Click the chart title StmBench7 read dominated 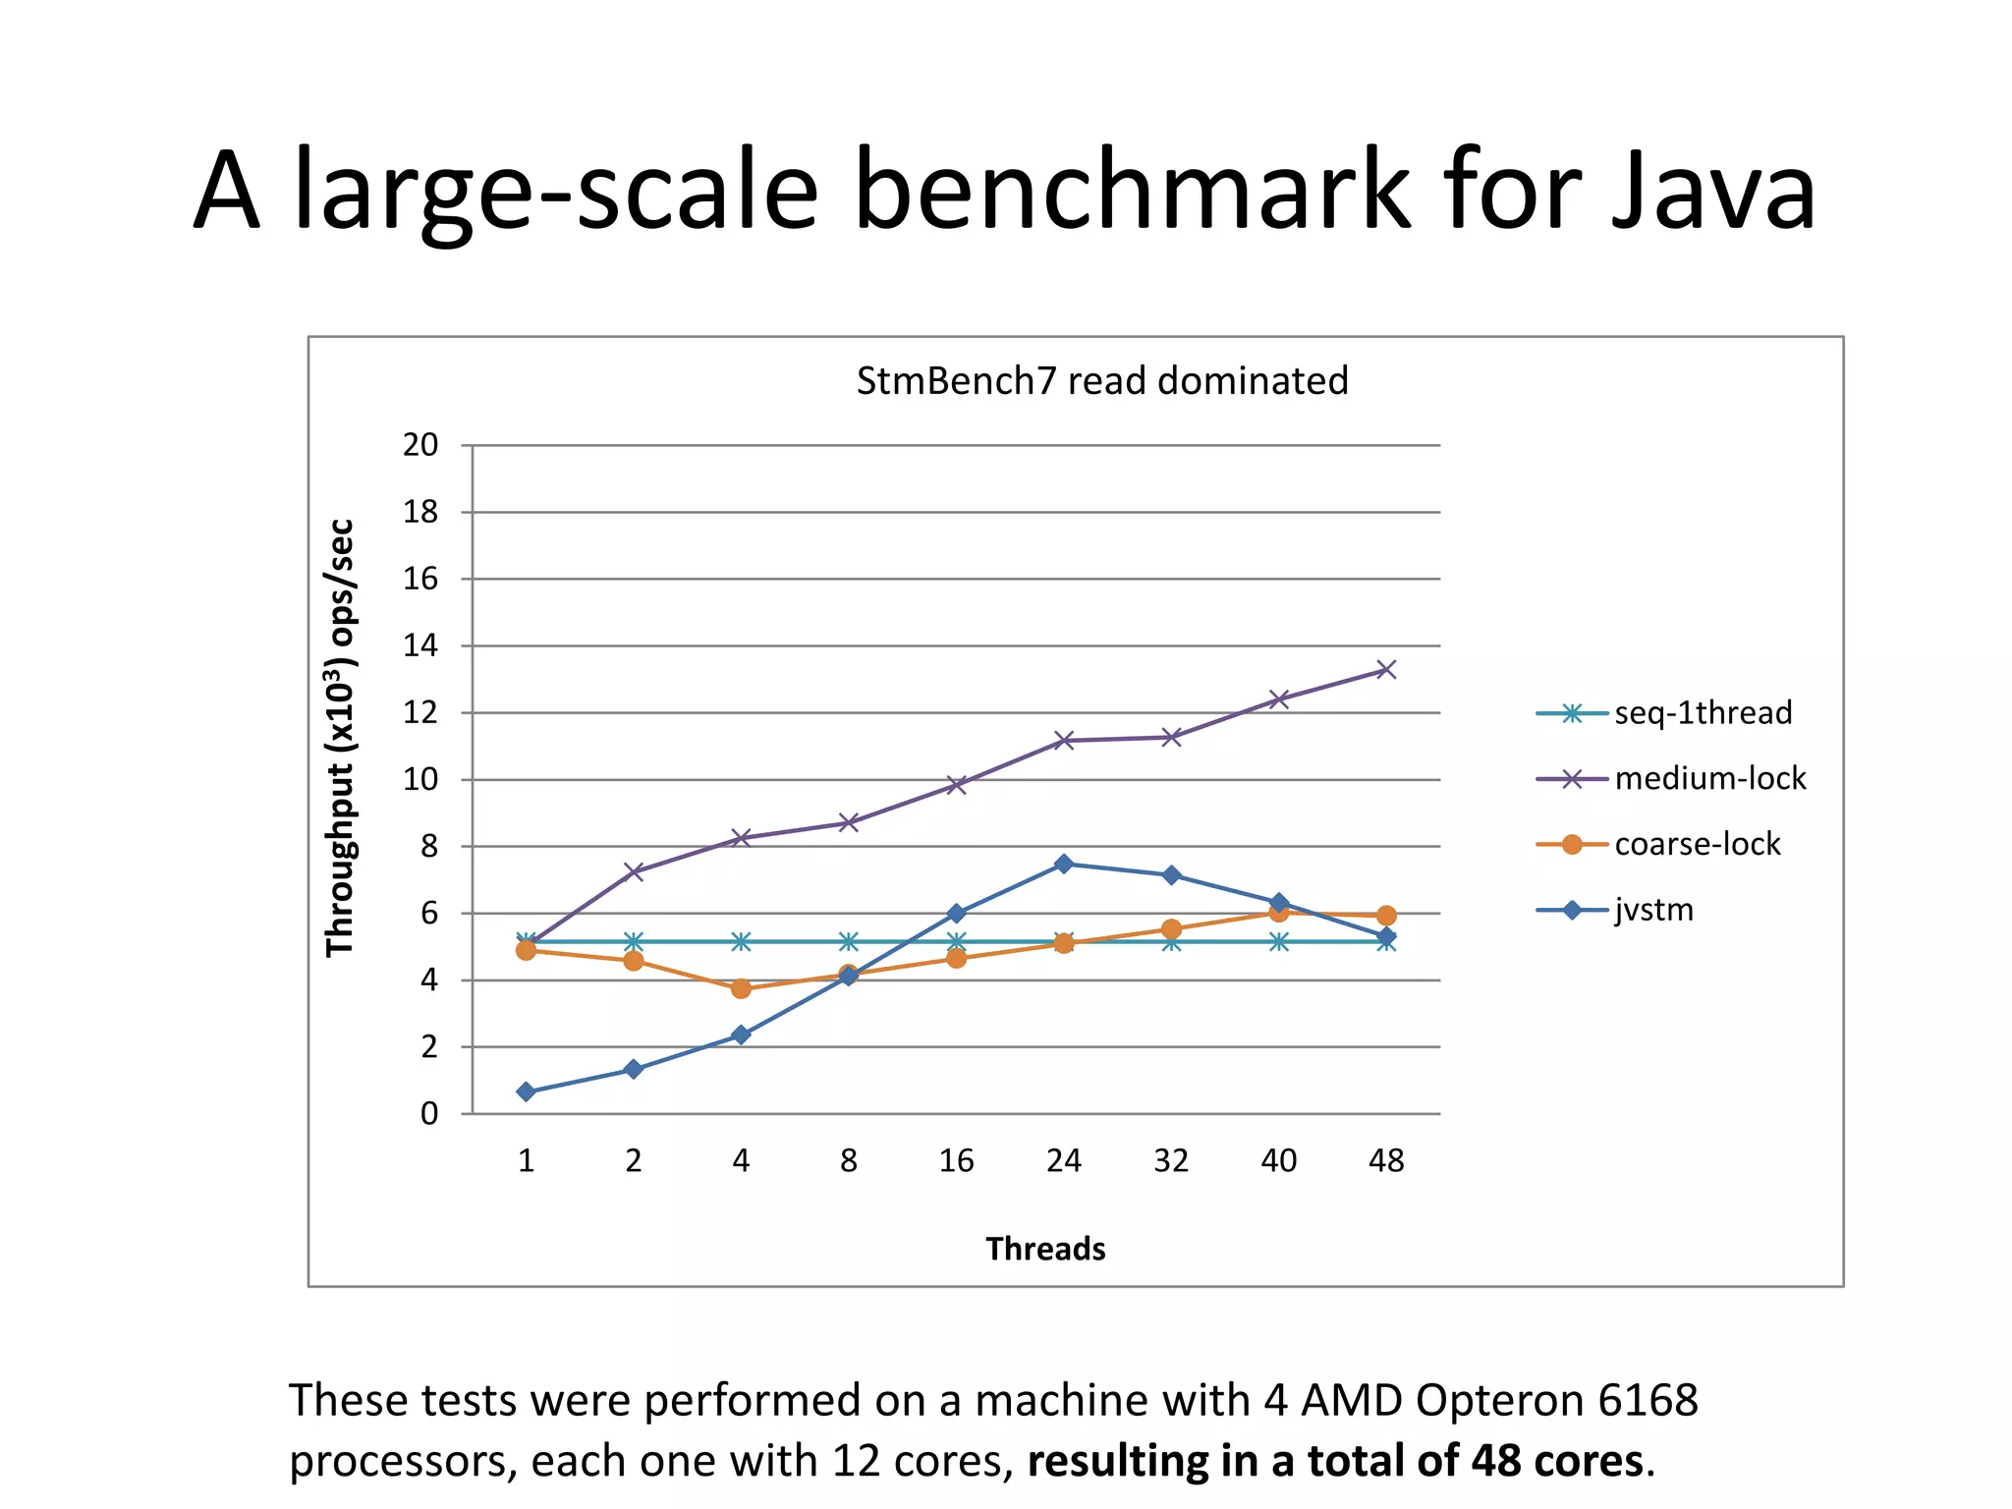[1101, 381]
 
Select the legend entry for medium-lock [1709, 778]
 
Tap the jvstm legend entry [1653, 910]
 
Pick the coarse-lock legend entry [1697, 844]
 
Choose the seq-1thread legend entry [1703, 712]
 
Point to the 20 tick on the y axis [420, 445]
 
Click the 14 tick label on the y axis [420, 645]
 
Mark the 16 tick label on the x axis [956, 1161]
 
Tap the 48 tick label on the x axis [1386, 1161]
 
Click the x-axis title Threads [1045, 1249]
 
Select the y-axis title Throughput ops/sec [340, 737]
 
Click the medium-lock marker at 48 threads [1386, 670]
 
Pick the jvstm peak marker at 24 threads [1063, 864]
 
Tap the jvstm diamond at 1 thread [526, 1091]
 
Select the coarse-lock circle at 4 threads [741, 988]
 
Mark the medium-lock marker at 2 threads [634, 871]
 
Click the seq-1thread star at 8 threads [849, 942]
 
